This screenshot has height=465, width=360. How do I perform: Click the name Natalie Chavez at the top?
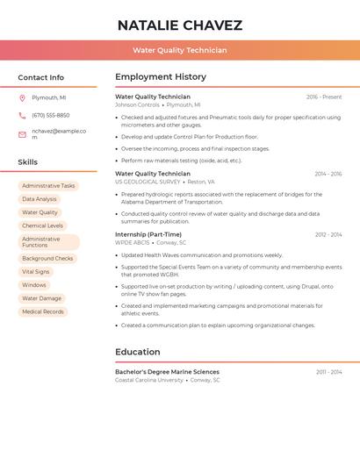(180, 25)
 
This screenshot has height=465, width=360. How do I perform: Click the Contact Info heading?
(41, 77)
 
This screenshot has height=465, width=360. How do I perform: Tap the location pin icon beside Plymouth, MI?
(22, 97)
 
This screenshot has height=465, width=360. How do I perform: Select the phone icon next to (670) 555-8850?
(22, 115)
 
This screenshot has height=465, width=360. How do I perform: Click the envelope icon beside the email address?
(22, 134)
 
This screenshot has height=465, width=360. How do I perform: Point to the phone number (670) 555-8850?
(51, 115)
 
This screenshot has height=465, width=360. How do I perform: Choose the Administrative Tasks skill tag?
(48, 186)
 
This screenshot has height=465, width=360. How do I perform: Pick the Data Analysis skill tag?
(40, 199)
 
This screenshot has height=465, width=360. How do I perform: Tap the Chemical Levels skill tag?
(42, 225)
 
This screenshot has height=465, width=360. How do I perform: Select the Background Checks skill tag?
(47, 259)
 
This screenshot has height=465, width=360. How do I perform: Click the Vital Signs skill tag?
(36, 272)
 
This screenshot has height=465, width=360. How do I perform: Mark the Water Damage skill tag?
(41, 298)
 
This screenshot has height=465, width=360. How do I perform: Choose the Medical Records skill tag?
(43, 311)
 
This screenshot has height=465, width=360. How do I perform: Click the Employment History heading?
(161, 77)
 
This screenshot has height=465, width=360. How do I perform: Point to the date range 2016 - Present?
(324, 97)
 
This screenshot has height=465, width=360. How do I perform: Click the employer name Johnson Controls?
(137, 104)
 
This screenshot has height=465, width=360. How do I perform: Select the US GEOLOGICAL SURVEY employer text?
(148, 182)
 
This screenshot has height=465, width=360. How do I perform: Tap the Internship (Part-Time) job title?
(148, 234)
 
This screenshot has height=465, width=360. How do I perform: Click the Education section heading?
(138, 352)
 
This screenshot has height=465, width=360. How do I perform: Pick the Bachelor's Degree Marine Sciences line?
(167, 372)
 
